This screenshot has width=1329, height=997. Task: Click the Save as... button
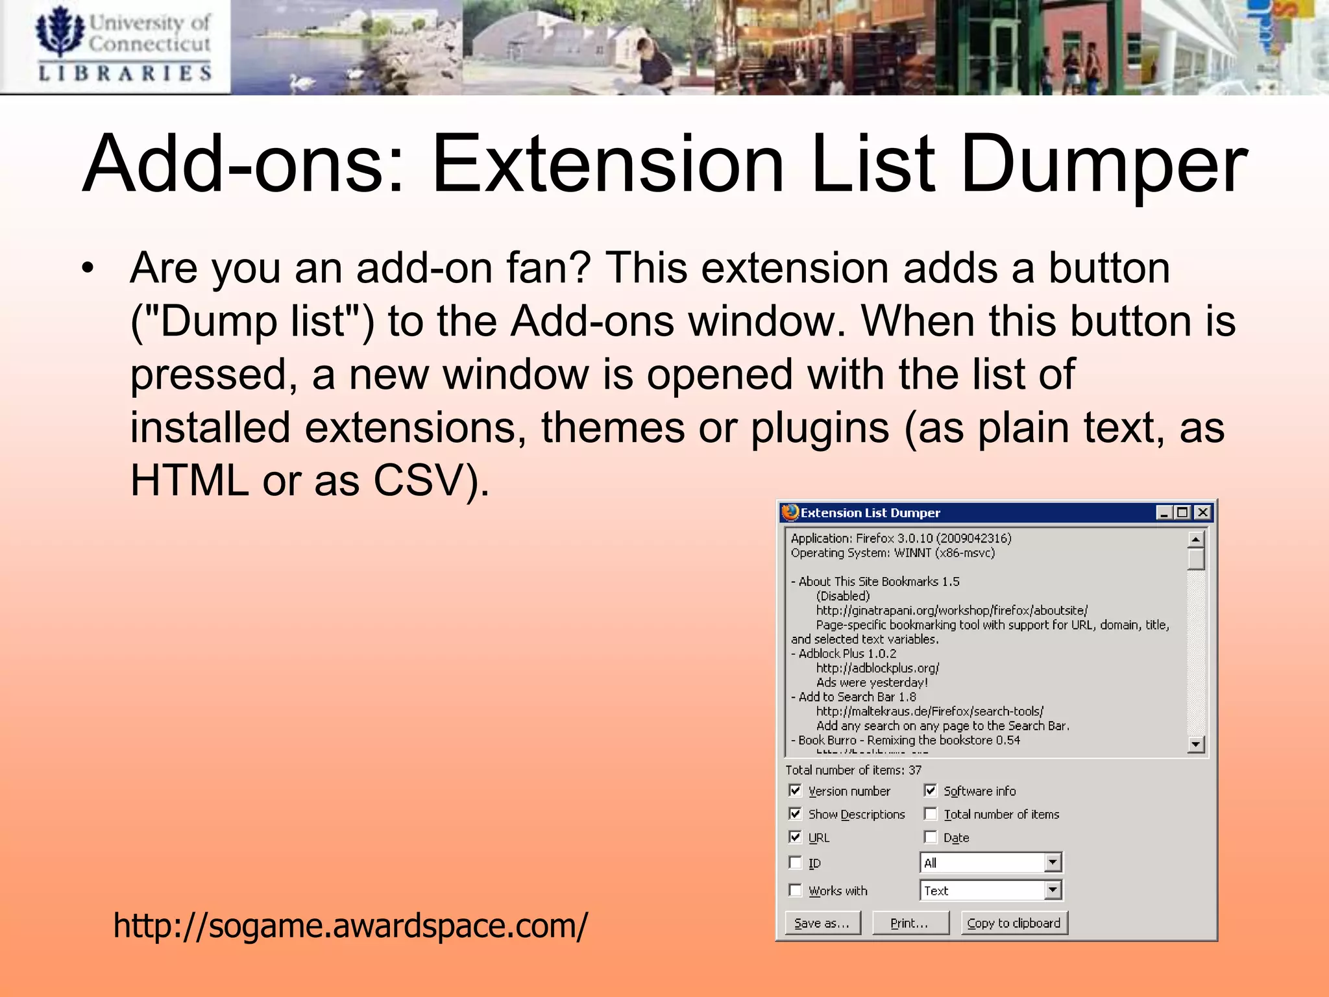click(822, 923)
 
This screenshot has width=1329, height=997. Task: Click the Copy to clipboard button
click(1014, 923)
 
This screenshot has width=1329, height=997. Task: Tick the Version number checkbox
click(796, 791)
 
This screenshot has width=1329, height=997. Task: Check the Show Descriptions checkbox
click(796, 814)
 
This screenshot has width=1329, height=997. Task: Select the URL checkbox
click(796, 837)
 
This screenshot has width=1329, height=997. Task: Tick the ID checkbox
click(796, 863)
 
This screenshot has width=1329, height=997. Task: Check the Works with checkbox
click(796, 891)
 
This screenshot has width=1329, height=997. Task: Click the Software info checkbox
click(931, 791)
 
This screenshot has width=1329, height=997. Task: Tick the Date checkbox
click(931, 837)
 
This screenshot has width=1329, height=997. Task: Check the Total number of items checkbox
click(931, 814)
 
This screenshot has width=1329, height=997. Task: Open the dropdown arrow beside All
click(1053, 863)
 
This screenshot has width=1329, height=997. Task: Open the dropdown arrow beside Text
click(1053, 891)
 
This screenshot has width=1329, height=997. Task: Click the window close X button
click(1202, 513)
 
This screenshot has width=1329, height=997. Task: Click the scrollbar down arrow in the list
click(1195, 744)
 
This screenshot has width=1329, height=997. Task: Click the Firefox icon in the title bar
click(790, 513)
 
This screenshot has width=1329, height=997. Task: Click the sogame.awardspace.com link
click(350, 926)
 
